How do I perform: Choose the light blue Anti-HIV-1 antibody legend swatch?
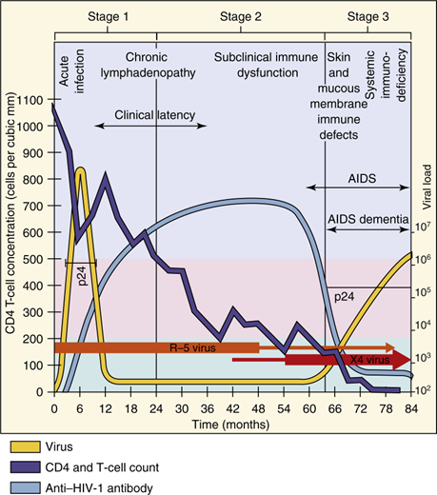[30, 485]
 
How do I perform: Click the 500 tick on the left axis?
[37, 259]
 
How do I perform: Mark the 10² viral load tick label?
[425, 390]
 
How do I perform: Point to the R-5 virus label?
[190, 348]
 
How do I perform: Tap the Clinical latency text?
[155, 116]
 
